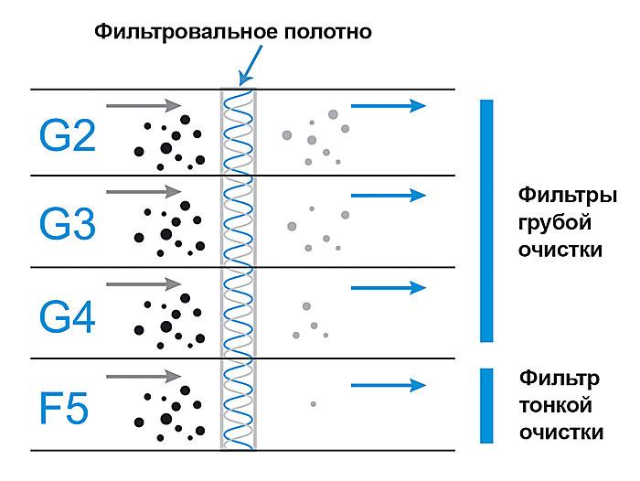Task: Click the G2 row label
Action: [68, 135]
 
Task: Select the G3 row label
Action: [68, 224]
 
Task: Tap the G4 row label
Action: [68, 316]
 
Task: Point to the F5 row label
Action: [64, 409]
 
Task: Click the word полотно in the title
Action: [327, 32]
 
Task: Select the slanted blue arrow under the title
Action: [251, 65]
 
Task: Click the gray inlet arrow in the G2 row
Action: [144, 105]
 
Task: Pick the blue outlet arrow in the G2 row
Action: [389, 106]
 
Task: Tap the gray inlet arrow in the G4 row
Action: [144, 283]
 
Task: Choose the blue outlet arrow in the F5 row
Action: [389, 385]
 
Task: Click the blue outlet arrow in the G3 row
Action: [389, 196]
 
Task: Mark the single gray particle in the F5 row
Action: [313, 404]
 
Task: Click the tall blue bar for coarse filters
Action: [486, 220]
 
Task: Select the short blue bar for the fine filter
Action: [486, 405]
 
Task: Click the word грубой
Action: [555, 223]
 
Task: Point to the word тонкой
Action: [556, 405]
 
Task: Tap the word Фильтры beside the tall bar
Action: [568, 196]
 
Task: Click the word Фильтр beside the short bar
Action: [560, 379]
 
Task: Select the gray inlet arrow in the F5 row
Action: [144, 376]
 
